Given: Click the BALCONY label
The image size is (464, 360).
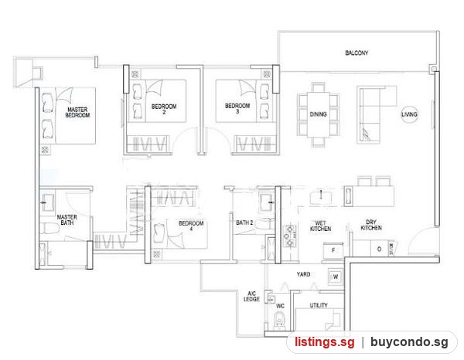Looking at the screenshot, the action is [357, 53].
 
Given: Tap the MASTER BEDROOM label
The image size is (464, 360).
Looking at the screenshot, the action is [77, 112].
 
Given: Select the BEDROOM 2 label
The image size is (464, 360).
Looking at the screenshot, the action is [164, 109].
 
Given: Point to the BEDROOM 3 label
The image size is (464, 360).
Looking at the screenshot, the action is [237, 108].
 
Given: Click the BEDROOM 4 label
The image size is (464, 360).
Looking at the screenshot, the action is [191, 226].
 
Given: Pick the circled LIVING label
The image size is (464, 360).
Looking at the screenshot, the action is [410, 114].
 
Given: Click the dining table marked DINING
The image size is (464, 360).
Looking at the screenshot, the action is [318, 114].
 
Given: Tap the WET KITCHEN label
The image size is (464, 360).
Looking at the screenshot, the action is [320, 226].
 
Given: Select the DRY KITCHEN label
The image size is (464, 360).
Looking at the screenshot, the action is [371, 225].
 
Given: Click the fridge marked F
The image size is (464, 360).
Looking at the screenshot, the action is [333, 250].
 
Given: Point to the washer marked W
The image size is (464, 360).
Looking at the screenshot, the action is [336, 277].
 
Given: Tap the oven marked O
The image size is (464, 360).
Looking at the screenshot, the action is [380, 250].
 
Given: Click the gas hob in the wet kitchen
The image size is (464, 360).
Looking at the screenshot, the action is [290, 236].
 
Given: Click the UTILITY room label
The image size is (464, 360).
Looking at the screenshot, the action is [319, 305].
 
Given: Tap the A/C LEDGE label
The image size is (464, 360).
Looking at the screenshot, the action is [251, 297].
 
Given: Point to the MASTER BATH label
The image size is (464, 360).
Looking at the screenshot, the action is [67, 220].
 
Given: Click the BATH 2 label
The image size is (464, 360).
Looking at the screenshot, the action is [244, 222].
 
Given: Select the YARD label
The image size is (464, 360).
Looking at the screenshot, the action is [303, 274].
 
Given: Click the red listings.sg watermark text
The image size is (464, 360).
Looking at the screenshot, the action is [325, 342].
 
